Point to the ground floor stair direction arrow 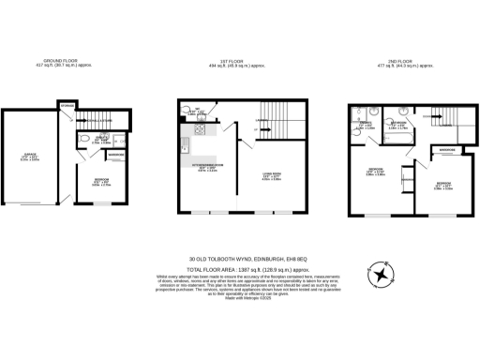click(94, 121)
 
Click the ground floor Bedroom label click(100, 181)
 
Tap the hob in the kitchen click(200, 131)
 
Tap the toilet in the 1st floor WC click(185, 115)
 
